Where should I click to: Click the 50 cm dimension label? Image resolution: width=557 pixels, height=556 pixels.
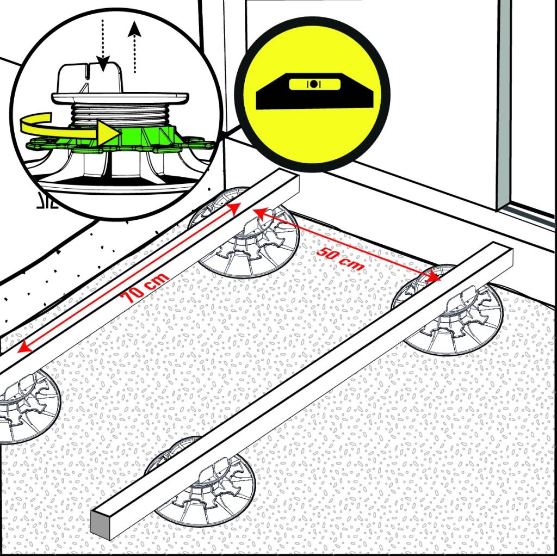341,259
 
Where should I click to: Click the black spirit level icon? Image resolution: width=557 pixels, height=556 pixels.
315,91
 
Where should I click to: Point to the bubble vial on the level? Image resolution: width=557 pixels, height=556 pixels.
314,84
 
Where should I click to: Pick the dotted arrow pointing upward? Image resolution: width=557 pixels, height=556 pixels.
135,47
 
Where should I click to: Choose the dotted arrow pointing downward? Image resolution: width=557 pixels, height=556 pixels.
103,46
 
